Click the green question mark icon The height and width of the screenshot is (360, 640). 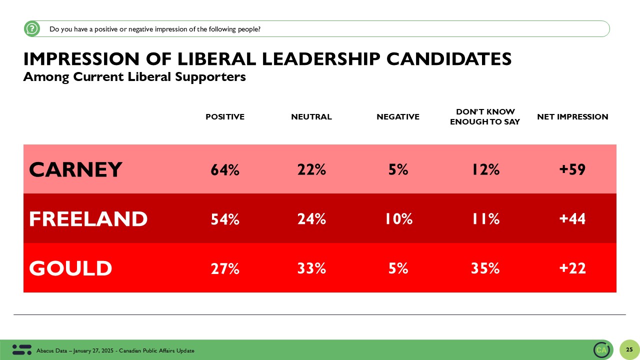(32, 29)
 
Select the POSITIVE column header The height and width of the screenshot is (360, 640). (225, 117)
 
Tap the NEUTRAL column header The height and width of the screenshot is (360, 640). (311, 117)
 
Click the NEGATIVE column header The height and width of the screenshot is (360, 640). (398, 117)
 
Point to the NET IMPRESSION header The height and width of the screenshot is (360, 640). (572, 117)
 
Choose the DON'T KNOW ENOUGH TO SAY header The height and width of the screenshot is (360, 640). (485, 117)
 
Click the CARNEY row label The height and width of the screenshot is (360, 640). (75, 170)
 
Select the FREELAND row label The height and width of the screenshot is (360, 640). (88, 219)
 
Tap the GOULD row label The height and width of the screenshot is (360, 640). (70, 268)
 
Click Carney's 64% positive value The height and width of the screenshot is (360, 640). (225, 170)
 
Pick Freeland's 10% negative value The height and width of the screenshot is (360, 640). (398, 219)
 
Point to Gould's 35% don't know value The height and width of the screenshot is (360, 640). (485, 268)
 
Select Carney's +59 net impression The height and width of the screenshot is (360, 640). (572, 170)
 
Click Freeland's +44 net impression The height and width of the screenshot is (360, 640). (572, 219)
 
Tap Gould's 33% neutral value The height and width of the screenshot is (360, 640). (311, 268)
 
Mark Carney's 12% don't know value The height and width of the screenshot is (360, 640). (485, 170)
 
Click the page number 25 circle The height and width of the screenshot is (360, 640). (629, 349)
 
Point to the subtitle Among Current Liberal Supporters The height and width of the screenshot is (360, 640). (134, 77)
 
